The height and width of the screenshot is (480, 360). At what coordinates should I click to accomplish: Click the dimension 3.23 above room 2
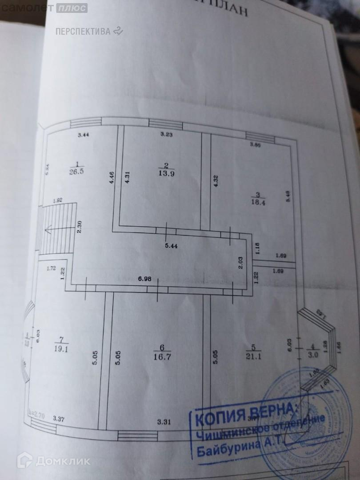coord(167,134)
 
